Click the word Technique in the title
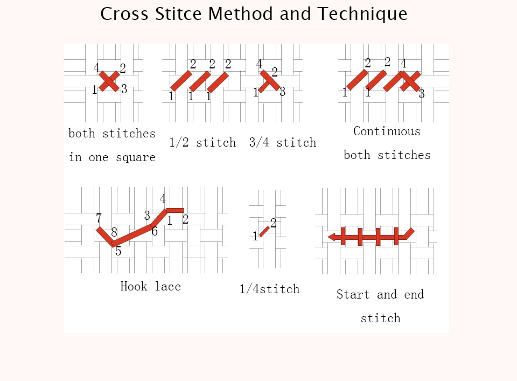click(x=362, y=14)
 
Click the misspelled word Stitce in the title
click(x=178, y=14)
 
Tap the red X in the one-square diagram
click(x=109, y=81)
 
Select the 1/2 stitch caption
click(x=202, y=142)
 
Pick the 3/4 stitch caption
click(x=283, y=142)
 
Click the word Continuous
click(x=387, y=131)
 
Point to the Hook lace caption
click(x=150, y=286)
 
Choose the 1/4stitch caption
click(x=269, y=289)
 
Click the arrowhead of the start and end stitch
click(x=332, y=237)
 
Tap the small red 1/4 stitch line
click(x=264, y=231)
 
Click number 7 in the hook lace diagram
click(x=99, y=218)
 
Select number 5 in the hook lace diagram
click(x=118, y=251)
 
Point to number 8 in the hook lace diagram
click(x=114, y=232)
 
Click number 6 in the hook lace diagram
click(x=155, y=231)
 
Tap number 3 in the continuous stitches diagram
click(x=422, y=94)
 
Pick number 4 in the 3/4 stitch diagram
click(x=259, y=64)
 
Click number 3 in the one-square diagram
click(x=124, y=89)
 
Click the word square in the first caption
click(x=136, y=157)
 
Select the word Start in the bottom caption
click(x=353, y=294)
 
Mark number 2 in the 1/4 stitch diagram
click(x=273, y=223)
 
